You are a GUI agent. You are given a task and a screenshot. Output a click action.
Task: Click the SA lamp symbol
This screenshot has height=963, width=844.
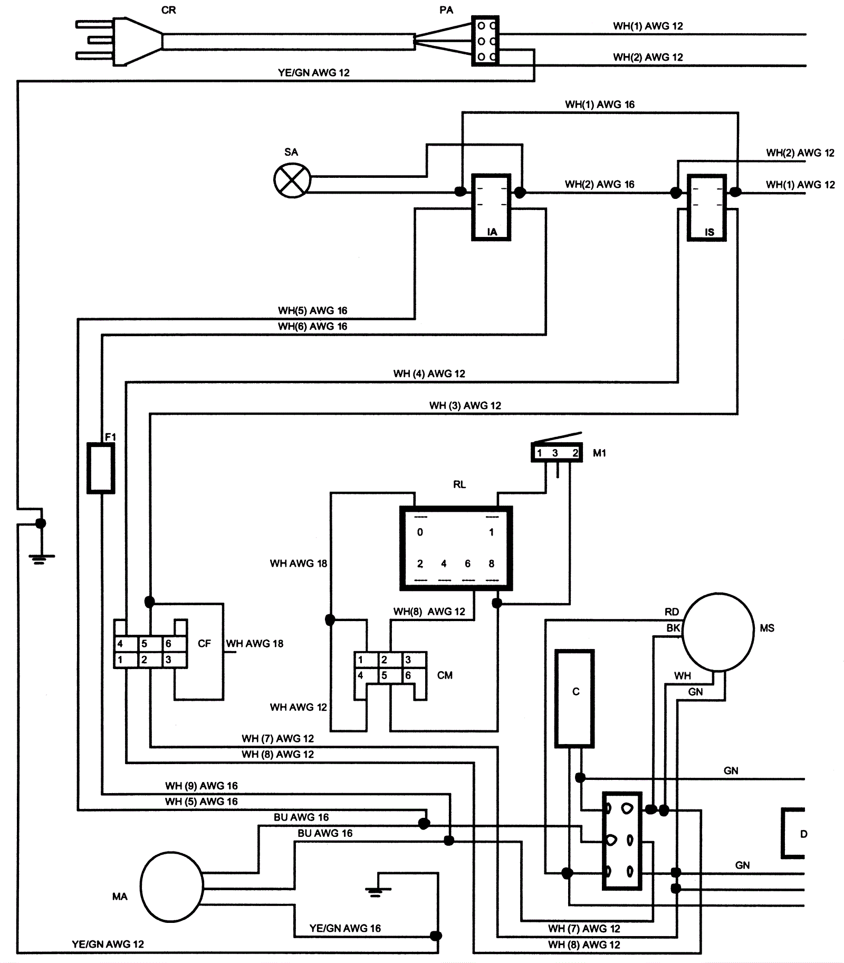[292, 180]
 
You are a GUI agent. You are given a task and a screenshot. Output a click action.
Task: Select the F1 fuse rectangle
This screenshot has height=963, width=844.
[101, 469]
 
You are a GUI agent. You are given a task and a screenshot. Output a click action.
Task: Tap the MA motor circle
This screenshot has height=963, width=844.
[172, 887]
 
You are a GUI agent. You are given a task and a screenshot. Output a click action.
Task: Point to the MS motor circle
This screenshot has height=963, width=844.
[718, 632]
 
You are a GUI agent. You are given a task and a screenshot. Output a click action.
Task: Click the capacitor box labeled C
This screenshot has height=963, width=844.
[574, 698]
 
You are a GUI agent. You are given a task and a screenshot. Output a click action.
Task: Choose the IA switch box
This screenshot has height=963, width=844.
[491, 207]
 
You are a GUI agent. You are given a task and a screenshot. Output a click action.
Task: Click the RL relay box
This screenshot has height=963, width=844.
[456, 548]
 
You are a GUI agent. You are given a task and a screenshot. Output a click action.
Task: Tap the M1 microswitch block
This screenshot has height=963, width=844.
[557, 453]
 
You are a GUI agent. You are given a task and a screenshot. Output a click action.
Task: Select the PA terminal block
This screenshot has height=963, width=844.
[485, 41]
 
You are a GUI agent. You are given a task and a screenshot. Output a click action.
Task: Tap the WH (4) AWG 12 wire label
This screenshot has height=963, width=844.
[429, 374]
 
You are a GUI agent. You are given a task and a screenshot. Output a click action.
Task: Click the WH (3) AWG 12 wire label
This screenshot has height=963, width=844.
[465, 405]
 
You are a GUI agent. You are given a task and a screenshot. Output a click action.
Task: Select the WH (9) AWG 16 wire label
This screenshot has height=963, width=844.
[201, 786]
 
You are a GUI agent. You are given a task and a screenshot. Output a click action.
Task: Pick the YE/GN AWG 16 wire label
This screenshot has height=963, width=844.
[345, 928]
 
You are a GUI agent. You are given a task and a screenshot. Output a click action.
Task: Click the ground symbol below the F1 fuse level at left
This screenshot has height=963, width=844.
[41, 558]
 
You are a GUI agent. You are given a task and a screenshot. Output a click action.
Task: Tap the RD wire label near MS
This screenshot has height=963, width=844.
[672, 612]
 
